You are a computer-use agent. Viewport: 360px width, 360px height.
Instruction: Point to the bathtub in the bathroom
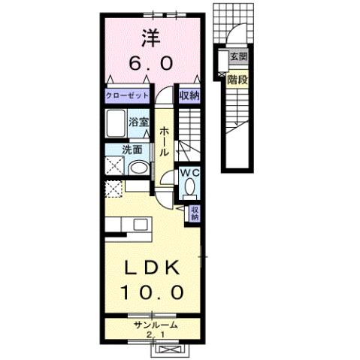pos(116,123)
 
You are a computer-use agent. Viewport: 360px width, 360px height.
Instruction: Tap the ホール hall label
pos(164,141)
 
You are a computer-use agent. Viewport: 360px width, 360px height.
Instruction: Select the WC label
pos(189,173)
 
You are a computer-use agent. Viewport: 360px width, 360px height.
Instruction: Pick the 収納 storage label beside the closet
pos(189,96)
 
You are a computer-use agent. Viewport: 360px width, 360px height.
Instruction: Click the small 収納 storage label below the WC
pos(194,213)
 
